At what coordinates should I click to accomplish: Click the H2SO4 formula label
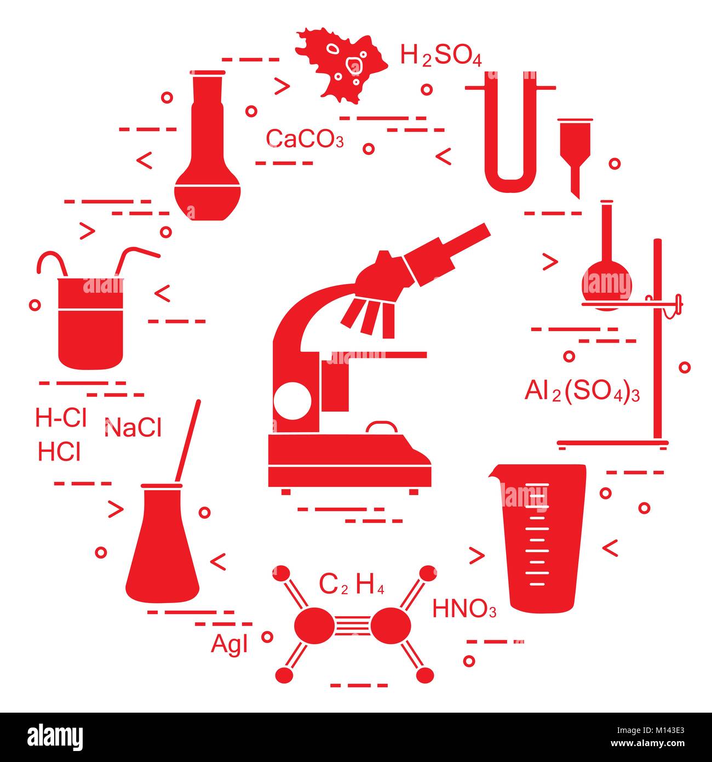pos(440,55)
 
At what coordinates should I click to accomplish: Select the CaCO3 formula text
pos(305,139)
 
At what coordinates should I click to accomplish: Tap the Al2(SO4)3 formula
pos(582,392)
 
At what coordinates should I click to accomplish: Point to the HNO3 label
pos(464,609)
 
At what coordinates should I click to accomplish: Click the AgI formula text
pos(229,644)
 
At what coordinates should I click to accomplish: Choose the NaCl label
pos(133,428)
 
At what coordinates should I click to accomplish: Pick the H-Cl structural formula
pos(61,417)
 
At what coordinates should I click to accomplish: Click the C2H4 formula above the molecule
pos(351,585)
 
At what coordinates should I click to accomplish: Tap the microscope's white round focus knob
pos(292,401)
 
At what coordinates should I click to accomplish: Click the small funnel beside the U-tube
pos(575,155)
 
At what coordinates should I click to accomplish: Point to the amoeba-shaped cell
pos(341,65)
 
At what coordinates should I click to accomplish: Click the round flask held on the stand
pos(606,286)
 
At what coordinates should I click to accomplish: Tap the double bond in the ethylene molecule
pos(353,625)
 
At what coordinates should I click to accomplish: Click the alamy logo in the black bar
pos(55,736)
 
